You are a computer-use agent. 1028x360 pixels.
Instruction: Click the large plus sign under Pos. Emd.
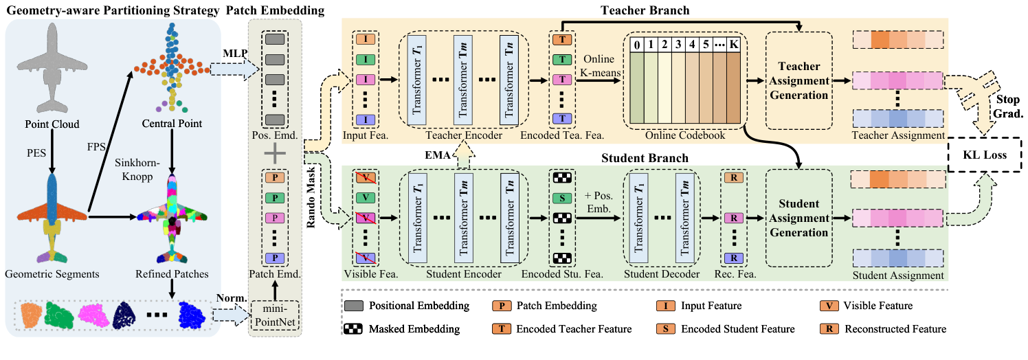pos(275,154)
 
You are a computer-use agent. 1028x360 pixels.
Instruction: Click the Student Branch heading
pos(644,159)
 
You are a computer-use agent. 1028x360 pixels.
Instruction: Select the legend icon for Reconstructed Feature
pos(829,329)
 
